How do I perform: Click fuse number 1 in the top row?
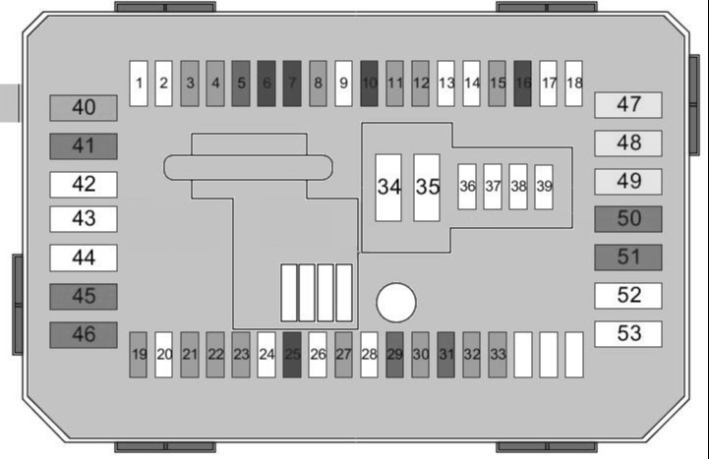tap(139, 84)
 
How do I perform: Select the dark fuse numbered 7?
tap(292, 84)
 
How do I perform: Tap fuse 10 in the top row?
tap(369, 84)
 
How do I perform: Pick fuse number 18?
tap(573, 84)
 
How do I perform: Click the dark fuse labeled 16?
tap(522, 84)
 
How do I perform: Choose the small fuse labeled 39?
tap(544, 187)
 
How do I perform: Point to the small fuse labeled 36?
tap(467, 187)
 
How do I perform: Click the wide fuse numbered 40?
tap(84, 108)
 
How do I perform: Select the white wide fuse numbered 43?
tap(84, 219)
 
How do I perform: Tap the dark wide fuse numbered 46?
tap(84, 335)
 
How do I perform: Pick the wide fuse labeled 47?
tap(628, 105)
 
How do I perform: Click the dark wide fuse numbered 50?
tap(628, 219)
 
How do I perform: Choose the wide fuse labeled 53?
tap(628, 334)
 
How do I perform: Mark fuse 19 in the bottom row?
tap(138, 355)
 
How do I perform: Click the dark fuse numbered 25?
tap(292, 355)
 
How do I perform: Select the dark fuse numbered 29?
tap(394, 355)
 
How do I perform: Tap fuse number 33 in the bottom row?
tap(497, 355)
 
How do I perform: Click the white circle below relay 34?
tap(396, 303)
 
